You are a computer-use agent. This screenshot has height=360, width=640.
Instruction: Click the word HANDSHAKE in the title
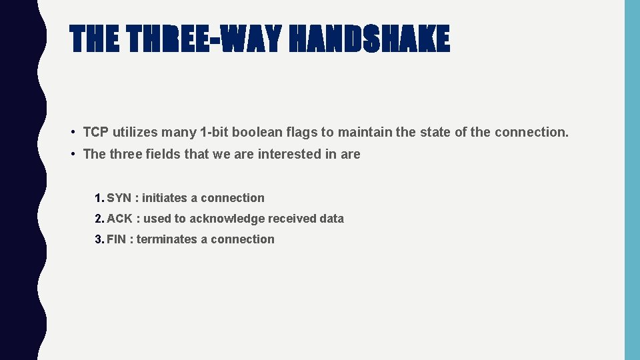pyautogui.click(x=370, y=39)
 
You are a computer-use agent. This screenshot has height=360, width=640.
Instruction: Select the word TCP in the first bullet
pyautogui.click(x=96, y=132)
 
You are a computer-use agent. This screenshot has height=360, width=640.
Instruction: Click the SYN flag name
pyautogui.click(x=119, y=198)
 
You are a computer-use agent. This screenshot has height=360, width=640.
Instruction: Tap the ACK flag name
pyautogui.click(x=119, y=219)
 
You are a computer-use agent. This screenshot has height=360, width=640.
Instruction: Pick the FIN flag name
pyautogui.click(x=116, y=239)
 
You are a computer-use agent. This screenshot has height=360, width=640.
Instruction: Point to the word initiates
pyautogui.click(x=165, y=198)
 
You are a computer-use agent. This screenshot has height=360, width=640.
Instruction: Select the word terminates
pyautogui.click(x=167, y=239)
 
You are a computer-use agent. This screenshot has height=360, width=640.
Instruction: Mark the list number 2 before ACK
pyautogui.click(x=99, y=219)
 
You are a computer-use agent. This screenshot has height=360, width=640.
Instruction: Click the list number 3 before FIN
pyautogui.click(x=99, y=239)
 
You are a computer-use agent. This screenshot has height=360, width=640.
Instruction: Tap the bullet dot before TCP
pyautogui.click(x=73, y=132)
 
